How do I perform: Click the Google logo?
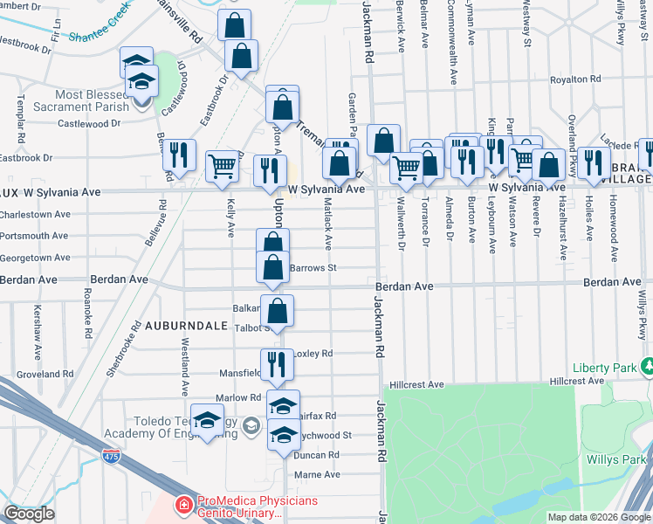click(x=29, y=514)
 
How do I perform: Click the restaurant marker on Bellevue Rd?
click(x=179, y=155)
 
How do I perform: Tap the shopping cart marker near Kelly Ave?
click(x=223, y=164)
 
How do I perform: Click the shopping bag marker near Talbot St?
click(x=277, y=311)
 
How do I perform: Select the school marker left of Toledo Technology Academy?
click(x=207, y=422)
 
